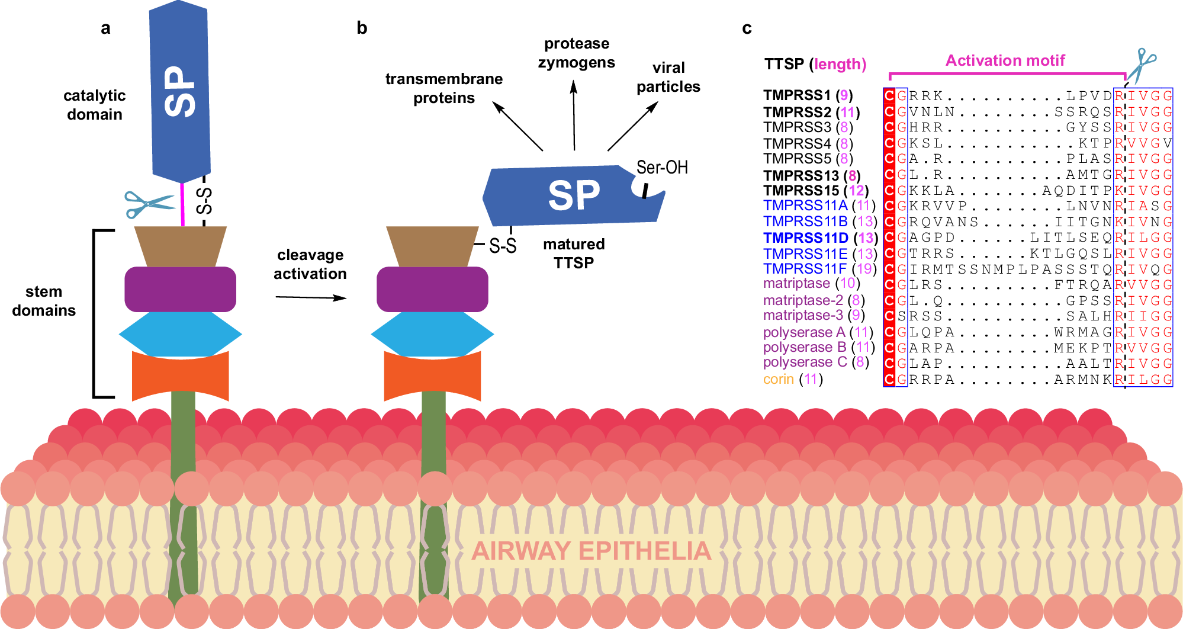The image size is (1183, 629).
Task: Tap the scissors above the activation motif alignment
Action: click(x=1141, y=65)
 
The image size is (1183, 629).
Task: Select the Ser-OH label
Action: click(x=662, y=168)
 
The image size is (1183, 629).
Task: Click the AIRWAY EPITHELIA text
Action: click(x=591, y=551)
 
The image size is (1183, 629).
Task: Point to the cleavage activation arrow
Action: click(x=310, y=297)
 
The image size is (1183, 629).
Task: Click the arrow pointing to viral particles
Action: click(x=632, y=126)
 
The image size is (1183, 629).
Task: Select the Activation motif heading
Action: click(x=1005, y=60)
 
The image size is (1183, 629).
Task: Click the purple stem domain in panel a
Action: click(x=181, y=289)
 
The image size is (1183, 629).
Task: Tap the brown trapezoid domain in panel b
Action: click(x=432, y=246)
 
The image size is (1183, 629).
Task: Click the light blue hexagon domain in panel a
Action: click(x=181, y=334)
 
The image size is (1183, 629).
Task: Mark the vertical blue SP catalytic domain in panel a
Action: click(x=180, y=92)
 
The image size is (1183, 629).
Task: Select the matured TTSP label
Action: click(x=573, y=253)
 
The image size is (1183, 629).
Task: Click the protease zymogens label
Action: click(x=576, y=53)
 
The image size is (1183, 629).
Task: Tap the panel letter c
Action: click(x=747, y=28)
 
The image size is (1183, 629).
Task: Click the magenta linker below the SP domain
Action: click(x=182, y=204)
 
